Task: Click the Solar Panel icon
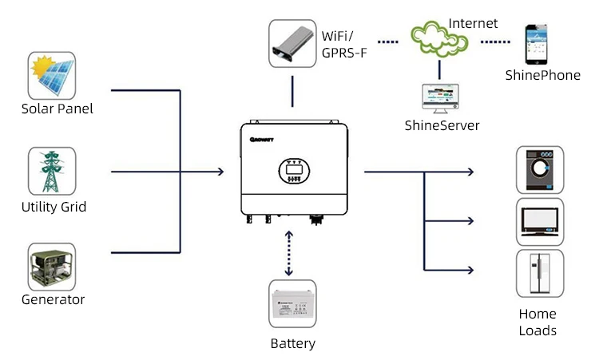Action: coord(53,75)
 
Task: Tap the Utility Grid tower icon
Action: coord(53,171)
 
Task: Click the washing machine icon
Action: coord(539,170)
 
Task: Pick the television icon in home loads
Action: coord(539,221)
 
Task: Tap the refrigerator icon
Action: coord(539,273)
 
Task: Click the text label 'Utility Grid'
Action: coord(54,208)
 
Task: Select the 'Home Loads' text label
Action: coord(538,322)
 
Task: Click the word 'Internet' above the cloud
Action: coord(472,23)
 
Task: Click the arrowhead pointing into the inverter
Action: coord(220,171)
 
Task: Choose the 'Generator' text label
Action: coord(54,300)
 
